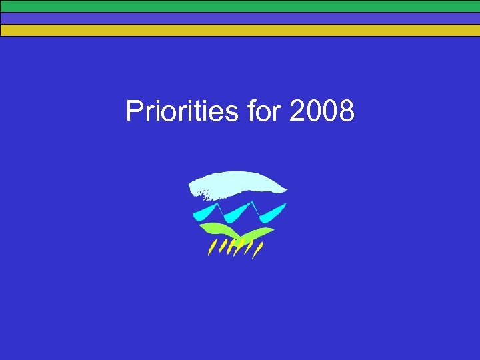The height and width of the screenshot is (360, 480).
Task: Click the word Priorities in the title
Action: pos(181,111)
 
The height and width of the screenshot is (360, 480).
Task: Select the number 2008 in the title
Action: pos(323,111)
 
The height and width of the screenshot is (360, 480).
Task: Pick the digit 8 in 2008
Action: pos(347,111)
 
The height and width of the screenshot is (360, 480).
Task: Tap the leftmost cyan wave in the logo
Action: pos(205,213)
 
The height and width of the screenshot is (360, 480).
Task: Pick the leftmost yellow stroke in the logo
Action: pos(211,249)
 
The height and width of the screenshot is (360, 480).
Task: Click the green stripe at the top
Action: pos(240,6)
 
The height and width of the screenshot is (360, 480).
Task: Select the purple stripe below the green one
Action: pos(240,18)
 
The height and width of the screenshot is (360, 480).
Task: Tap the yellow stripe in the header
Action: pos(240,30)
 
